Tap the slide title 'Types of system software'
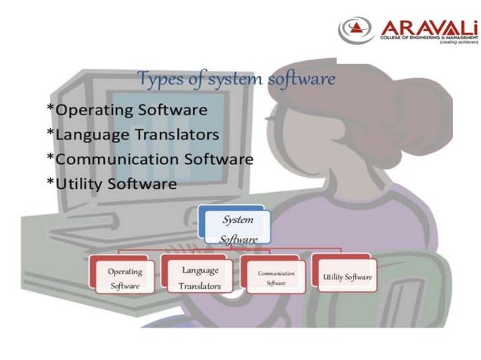(236, 78)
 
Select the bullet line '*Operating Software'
(127, 110)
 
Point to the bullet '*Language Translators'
(133, 134)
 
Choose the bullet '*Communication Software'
(149, 159)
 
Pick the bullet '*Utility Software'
(111, 183)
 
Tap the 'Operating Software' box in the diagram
(124, 278)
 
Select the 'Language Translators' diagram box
(198, 277)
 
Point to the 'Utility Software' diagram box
(347, 277)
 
